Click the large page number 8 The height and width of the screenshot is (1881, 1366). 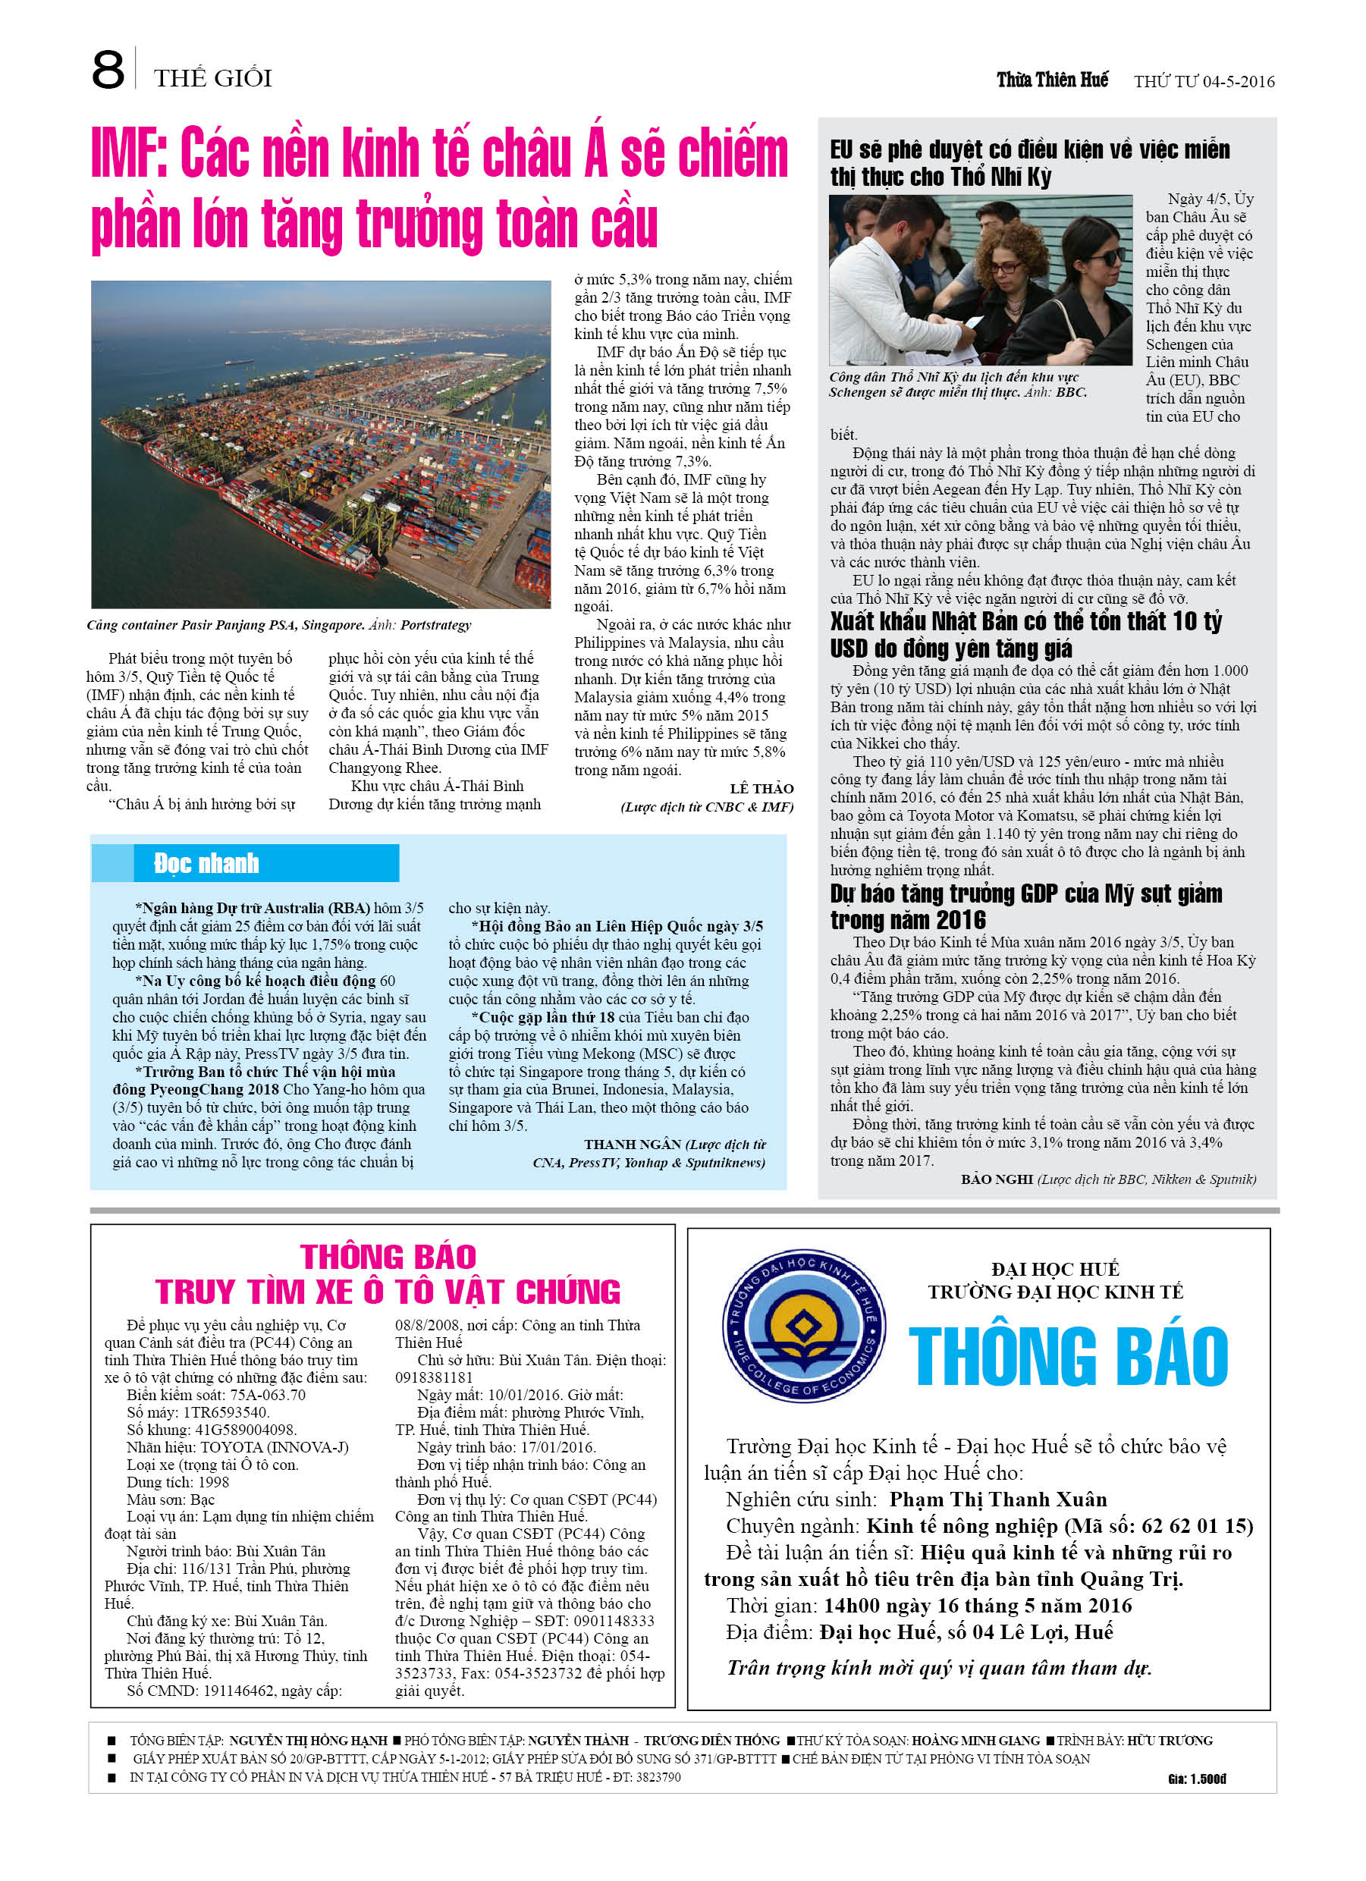108,70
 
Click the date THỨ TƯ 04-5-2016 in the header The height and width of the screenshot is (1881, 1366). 1204,81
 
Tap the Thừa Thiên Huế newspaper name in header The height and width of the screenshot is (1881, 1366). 1052,80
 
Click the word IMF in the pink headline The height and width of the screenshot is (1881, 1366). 128,153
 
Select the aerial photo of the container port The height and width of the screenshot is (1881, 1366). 321,444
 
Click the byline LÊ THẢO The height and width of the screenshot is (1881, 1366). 762,788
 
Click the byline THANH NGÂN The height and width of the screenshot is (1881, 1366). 632,1145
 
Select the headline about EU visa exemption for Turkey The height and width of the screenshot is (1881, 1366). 1028,163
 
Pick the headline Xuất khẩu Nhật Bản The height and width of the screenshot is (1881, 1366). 1026,635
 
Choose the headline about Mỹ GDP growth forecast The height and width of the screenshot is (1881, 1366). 1026,906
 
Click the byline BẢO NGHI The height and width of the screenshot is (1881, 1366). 996,1179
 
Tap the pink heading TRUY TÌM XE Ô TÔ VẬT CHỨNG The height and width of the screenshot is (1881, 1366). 388,1292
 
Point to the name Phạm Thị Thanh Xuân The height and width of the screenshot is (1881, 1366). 997,1499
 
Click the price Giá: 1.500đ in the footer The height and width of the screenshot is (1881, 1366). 1196,1779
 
